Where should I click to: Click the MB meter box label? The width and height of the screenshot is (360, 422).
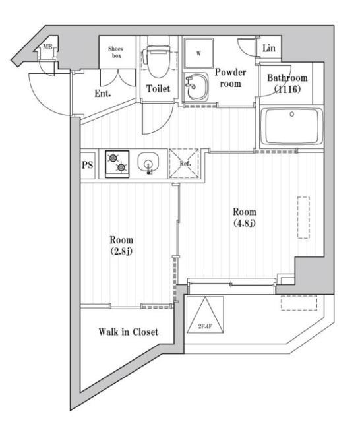click(x=47, y=47)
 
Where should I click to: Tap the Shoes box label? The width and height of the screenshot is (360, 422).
click(x=116, y=52)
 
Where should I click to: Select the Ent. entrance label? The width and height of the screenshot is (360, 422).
click(x=102, y=94)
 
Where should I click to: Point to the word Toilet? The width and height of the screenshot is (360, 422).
click(x=158, y=88)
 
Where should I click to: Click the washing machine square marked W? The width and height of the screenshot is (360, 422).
click(x=198, y=53)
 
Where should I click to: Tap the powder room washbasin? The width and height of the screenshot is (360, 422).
click(x=196, y=86)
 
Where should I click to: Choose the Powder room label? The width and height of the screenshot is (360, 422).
click(x=230, y=78)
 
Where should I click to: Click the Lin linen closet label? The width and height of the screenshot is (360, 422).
click(x=269, y=48)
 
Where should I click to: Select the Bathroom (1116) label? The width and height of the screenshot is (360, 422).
click(x=287, y=84)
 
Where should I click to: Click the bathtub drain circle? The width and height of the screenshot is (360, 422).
click(x=292, y=114)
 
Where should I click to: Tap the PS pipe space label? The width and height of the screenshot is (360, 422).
click(x=88, y=165)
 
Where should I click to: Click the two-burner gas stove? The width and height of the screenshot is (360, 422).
click(x=117, y=164)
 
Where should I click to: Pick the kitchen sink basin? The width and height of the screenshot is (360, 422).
click(x=148, y=163)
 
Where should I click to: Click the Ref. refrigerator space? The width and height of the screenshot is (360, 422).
click(x=185, y=164)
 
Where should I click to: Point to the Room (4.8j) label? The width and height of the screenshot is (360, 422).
click(x=245, y=217)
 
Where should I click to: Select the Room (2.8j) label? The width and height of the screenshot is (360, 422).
click(x=121, y=245)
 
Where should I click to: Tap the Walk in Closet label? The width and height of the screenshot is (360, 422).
click(x=129, y=332)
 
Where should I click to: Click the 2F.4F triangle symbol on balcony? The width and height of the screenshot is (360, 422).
click(x=205, y=315)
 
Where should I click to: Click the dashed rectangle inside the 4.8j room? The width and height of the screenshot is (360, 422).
click(x=303, y=218)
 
